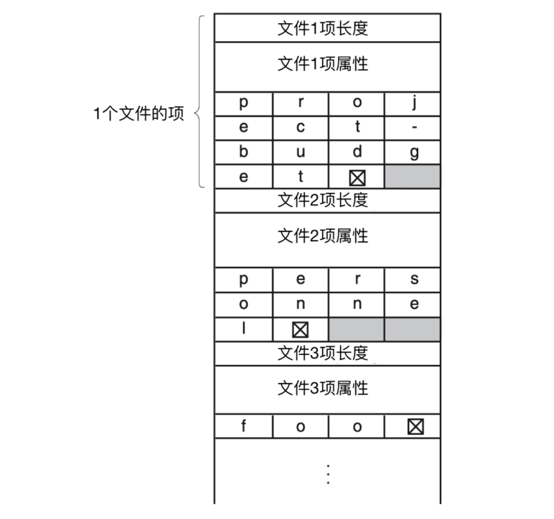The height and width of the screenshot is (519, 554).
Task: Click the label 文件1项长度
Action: pos(323,28)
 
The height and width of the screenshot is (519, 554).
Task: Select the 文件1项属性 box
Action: pos(328,67)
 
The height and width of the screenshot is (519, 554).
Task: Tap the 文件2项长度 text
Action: pos(323,200)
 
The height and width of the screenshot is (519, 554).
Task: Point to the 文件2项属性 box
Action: pos(328,240)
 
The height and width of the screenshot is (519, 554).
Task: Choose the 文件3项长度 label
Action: pos(323,353)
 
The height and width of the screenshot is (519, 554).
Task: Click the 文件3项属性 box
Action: pos(328,390)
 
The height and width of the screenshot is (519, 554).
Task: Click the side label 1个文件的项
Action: pos(138,114)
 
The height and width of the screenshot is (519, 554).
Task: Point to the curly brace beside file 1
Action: pos(200,102)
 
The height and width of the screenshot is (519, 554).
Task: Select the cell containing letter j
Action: pos(412,104)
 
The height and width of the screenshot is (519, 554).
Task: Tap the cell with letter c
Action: pos(301,128)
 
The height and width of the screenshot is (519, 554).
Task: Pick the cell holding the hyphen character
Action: pos(412,128)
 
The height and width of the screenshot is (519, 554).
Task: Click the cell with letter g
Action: pos(412,152)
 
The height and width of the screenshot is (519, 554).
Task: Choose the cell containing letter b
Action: pos(244,152)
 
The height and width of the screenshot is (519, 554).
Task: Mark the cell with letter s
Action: pos(412,280)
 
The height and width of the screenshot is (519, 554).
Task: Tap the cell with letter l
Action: pos(244,329)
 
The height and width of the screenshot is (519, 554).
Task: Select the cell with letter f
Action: pos(244,427)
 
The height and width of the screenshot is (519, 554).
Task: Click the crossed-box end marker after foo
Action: pos(415,427)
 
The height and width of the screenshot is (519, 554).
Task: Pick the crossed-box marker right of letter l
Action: pos(300,330)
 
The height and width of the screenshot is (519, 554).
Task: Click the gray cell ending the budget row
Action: pos(412,177)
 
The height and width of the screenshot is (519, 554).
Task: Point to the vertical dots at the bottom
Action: pos(328,475)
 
